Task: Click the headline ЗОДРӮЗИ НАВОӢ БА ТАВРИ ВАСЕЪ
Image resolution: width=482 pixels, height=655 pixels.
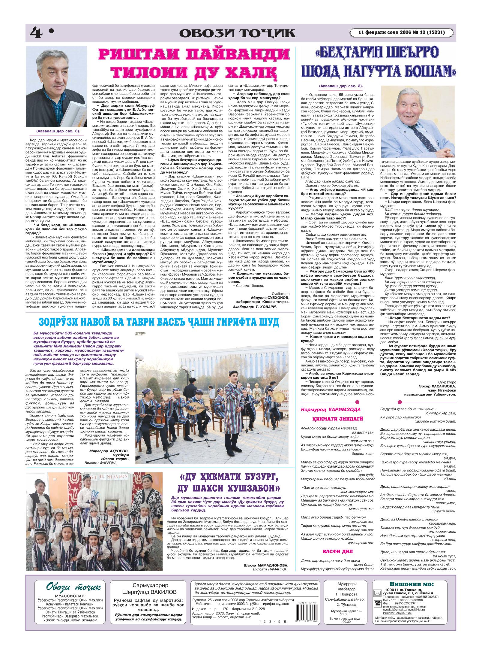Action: (x=159, y=322)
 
